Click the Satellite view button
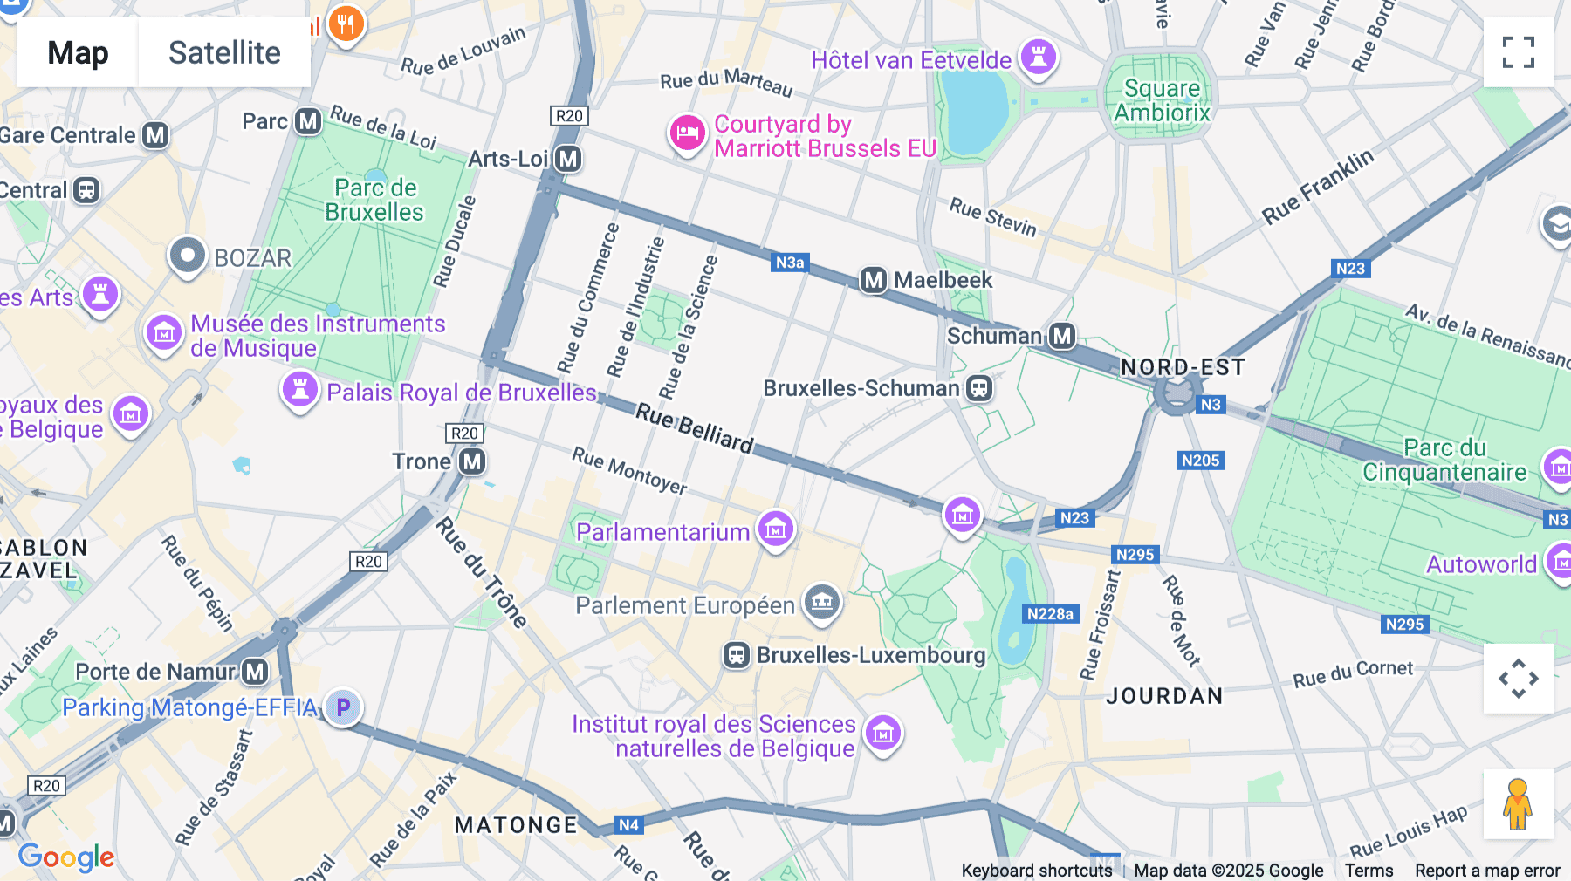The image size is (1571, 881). (x=224, y=52)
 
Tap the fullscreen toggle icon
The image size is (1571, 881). (x=1518, y=52)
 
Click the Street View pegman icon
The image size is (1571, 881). (x=1518, y=804)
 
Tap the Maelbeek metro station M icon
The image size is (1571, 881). (x=873, y=280)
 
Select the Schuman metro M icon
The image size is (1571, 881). (x=1061, y=336)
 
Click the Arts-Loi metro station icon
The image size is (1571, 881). (x=568, y=159)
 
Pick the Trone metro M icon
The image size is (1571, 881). (x=472, y=461)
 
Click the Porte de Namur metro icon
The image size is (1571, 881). (x=255, y=672)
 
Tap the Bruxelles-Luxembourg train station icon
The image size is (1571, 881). (x=736, y=655)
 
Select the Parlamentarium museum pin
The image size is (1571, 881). (x=775, y=529)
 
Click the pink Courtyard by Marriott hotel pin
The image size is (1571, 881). (x=687, y=134)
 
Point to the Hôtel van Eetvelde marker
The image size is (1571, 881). (x=1038, y=58)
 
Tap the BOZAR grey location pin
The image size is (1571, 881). (x=187, y=256)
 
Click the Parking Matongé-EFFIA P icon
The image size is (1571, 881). (x=343, y=707)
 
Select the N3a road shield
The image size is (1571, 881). (x=790, y=263)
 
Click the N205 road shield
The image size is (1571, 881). (x=1200, y=461)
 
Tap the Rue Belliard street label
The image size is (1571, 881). (x=694, y=428)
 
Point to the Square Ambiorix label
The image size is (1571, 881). (x=1162, y=100)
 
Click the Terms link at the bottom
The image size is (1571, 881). (x=1369, y=870)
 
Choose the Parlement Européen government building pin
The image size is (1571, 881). (x=821, y=602)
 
